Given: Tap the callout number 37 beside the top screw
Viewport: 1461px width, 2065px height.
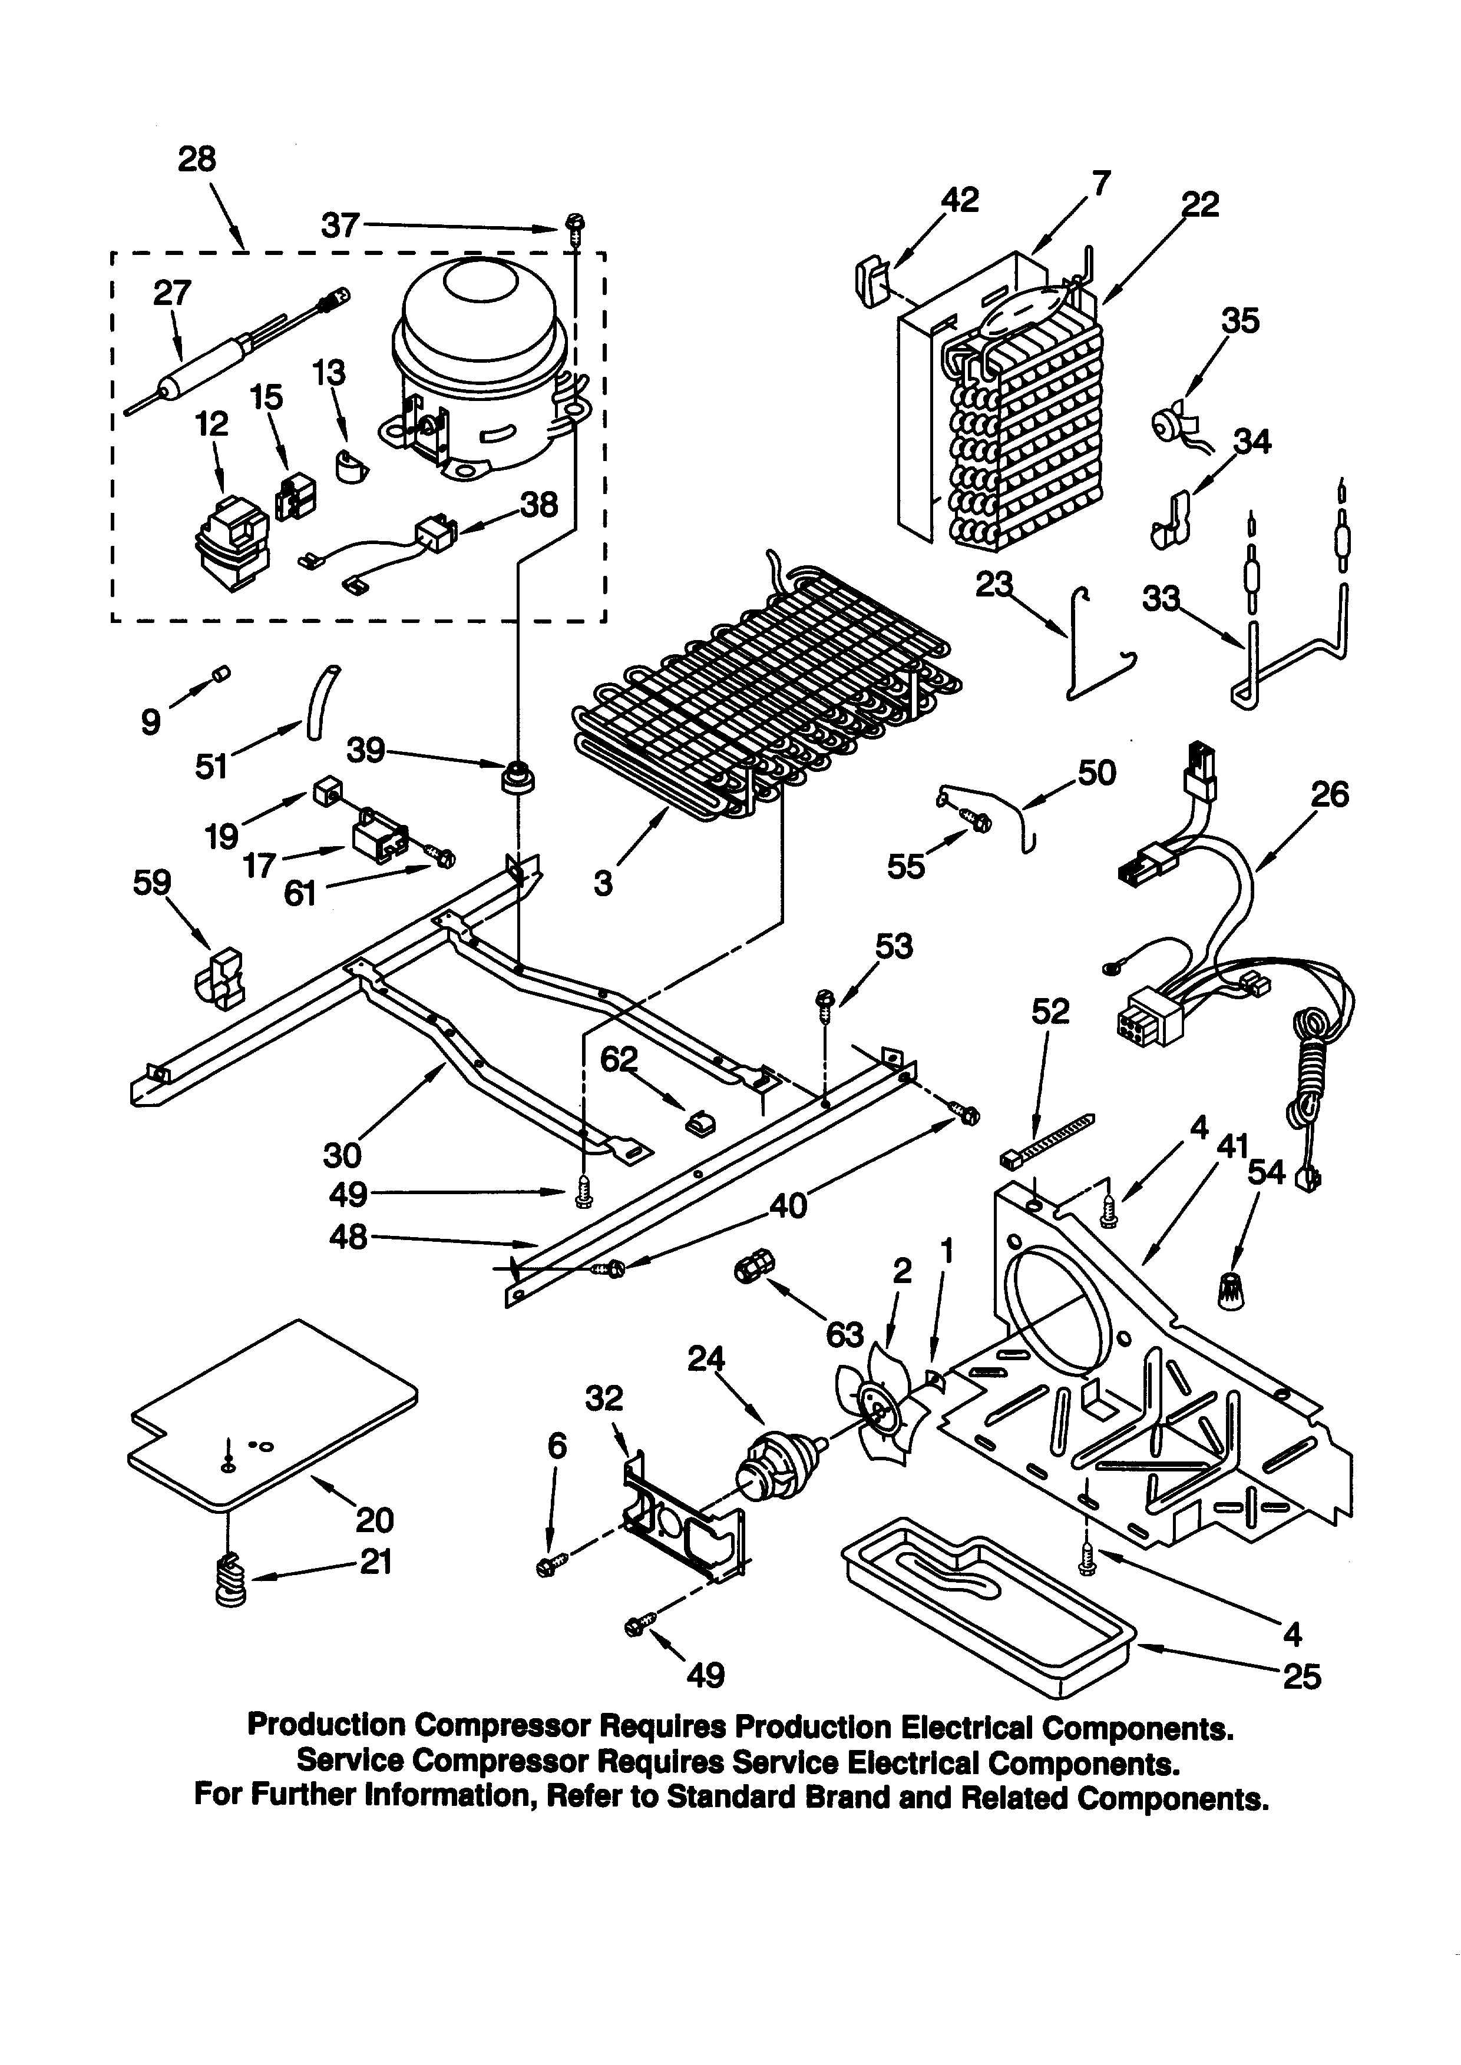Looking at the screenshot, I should pyautogui.click(x=340, y=225).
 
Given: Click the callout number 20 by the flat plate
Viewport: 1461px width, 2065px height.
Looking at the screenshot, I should pyautogui.click(x=374, y=1519).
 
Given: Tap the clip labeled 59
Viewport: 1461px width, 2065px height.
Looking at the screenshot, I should pyautogui.click(x=219, y=977).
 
